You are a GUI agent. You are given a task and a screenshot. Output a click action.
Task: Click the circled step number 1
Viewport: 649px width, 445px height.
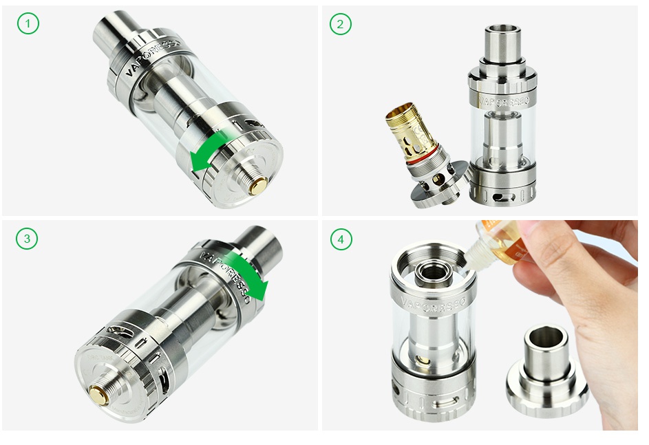click(x=28, y=24)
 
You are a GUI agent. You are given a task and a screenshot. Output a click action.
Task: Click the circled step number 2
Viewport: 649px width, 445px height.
click(x=340, y=24)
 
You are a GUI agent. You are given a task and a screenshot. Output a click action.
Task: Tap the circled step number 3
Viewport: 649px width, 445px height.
click(x=28, y=239)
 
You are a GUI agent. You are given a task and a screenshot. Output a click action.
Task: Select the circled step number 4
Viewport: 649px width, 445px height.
click(x=340, y=239)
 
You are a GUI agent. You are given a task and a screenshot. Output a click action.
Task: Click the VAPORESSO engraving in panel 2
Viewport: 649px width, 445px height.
click(x=503, y=100)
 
